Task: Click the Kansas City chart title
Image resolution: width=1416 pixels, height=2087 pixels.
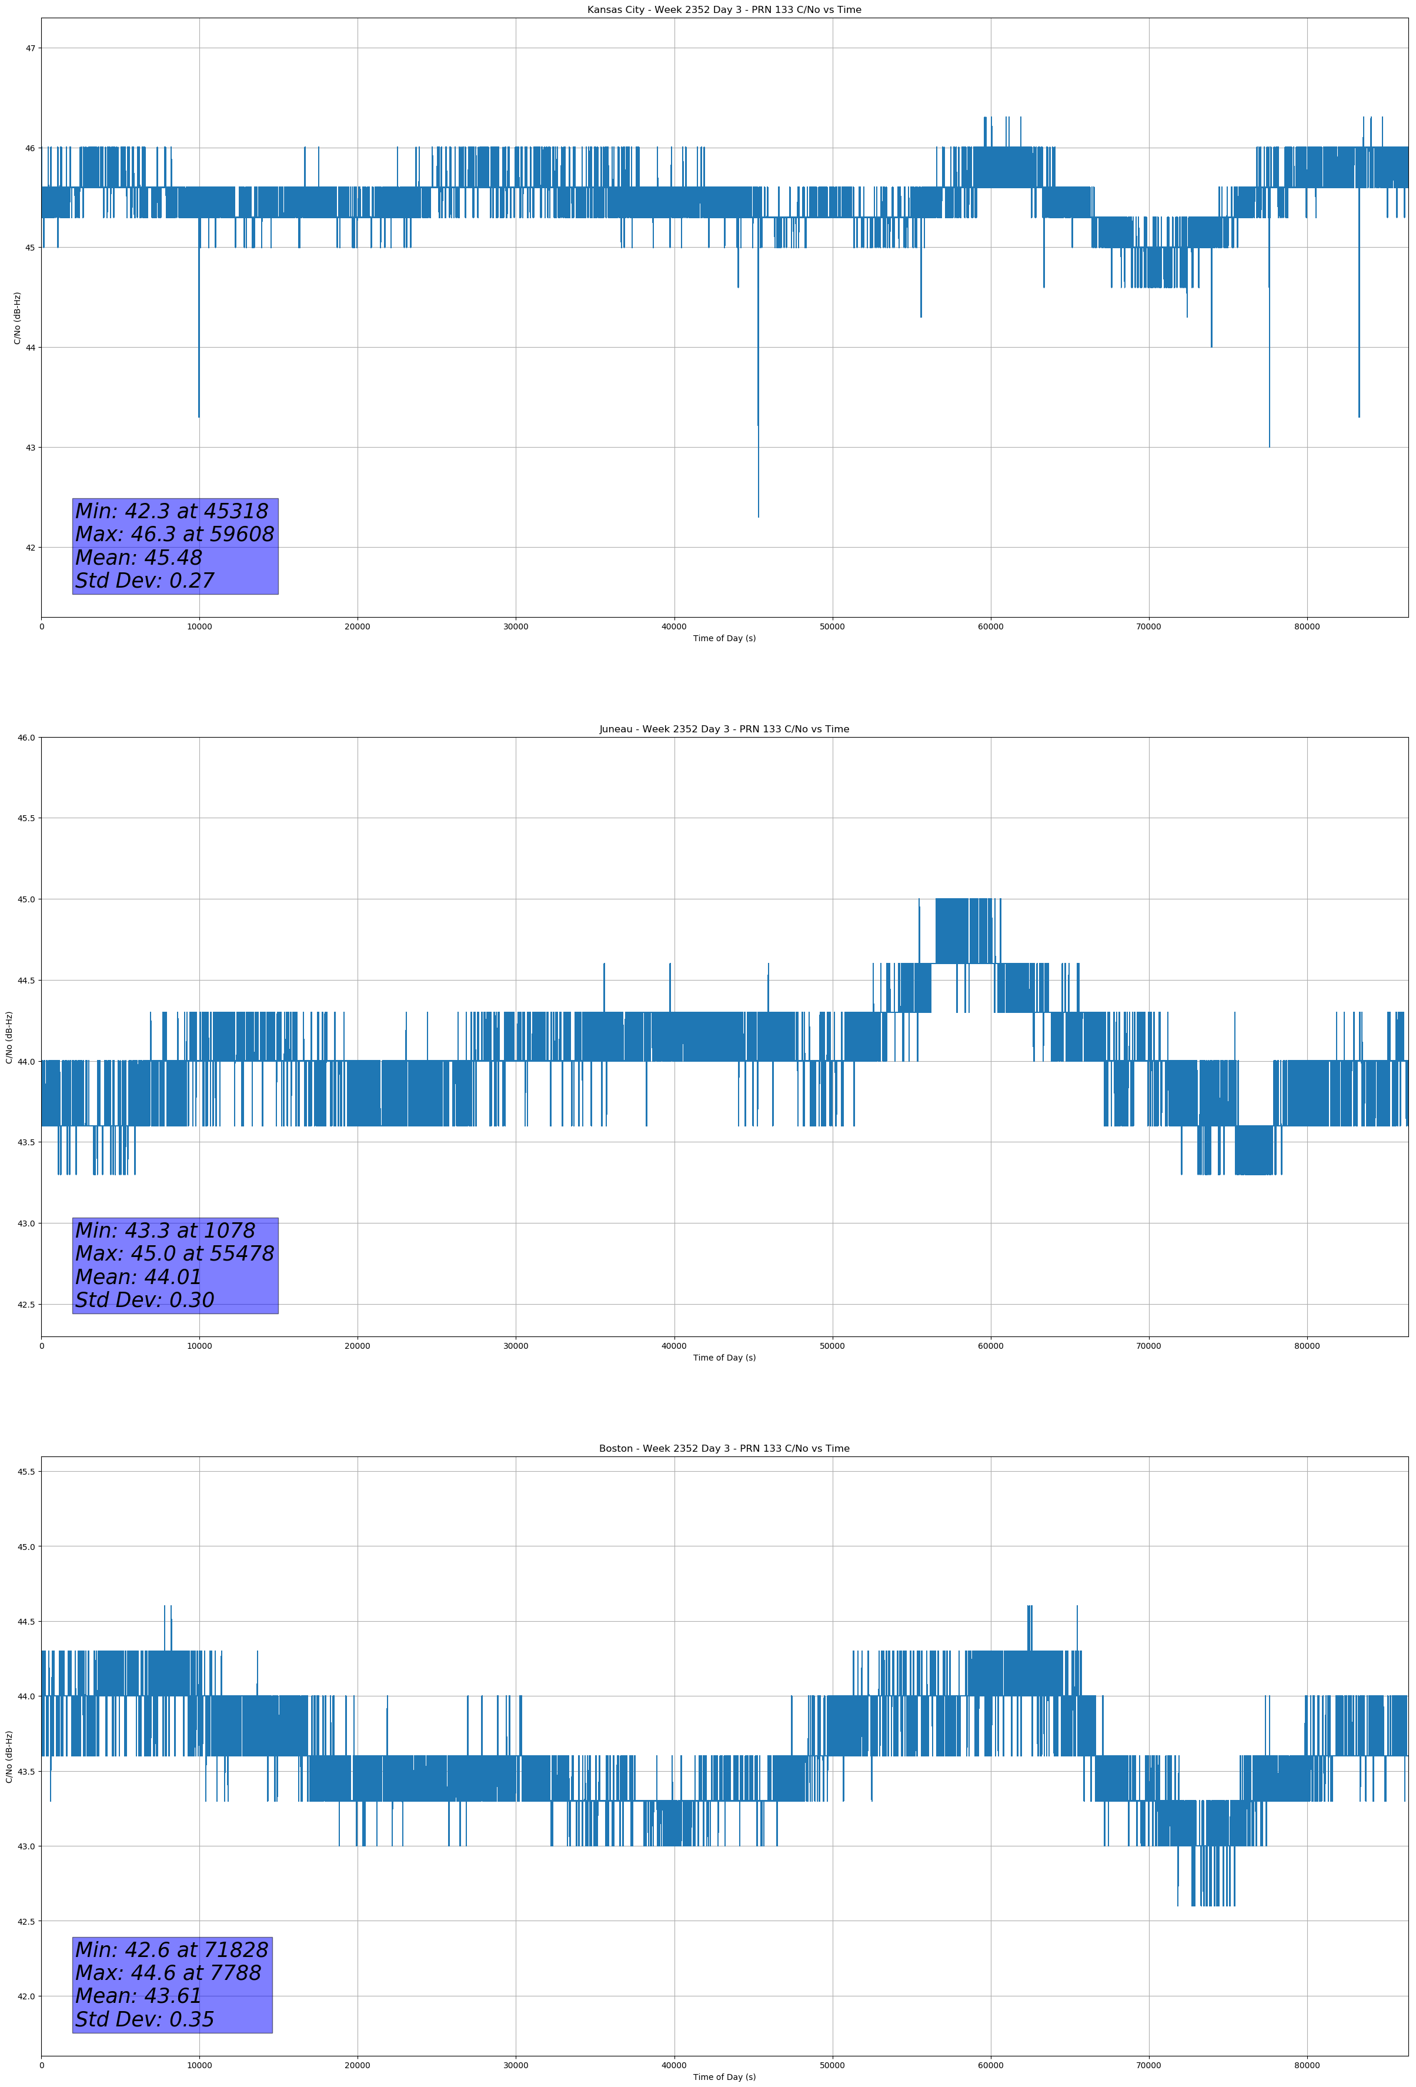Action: pyautogui.click(x=724, y=10)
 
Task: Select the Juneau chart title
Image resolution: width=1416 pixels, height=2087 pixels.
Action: pyautogui.click(x=724, y=729)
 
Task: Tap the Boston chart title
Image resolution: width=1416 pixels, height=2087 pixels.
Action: pyautogui.click(x=724, y=1449)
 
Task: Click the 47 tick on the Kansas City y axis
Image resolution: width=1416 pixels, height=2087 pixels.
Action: pyautogui.click(x=29, y=48)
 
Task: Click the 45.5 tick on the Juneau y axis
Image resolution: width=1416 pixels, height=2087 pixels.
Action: pyautogui.click(x=26, y=818)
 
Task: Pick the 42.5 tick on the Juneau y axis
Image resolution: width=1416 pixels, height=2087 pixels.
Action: pyautogui.click(x=26, y=1305)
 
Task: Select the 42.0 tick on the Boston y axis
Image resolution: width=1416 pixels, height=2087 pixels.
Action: pyautogui.click(x=26, y=1996)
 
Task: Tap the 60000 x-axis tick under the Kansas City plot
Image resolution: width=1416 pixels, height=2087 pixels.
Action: pyautogui.click(x=990, y=627)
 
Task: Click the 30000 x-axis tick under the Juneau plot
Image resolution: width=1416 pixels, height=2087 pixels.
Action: pyautogui.click(x=515, y=1346)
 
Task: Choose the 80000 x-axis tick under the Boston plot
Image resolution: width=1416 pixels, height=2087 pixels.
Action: pyautogui.click(x=1307, y=2065)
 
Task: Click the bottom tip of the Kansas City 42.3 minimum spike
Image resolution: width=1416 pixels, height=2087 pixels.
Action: pyautogui.click(x=758, y=516)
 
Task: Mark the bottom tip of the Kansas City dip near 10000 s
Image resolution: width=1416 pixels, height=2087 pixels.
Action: pyautogui.click(x=199, y=416)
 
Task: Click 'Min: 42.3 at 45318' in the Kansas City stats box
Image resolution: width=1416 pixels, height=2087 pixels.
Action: pyautogui.click(x=172, y=512)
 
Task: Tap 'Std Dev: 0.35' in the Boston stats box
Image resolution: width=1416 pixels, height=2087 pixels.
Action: pyautogui.click(x=145, y=2019)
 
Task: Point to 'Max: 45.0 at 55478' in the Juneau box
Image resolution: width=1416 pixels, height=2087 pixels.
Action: pyautogui.click(x=174, y=1253)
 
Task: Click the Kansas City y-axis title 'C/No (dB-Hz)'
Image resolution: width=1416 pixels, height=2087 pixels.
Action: pyautogui.click(x=17, y=318)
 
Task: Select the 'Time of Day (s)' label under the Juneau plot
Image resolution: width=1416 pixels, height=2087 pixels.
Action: pyautogui.click(x=724, y=1358)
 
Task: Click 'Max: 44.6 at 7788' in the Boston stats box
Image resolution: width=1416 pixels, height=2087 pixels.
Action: pyautogui.click(x=168, y=1973)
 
